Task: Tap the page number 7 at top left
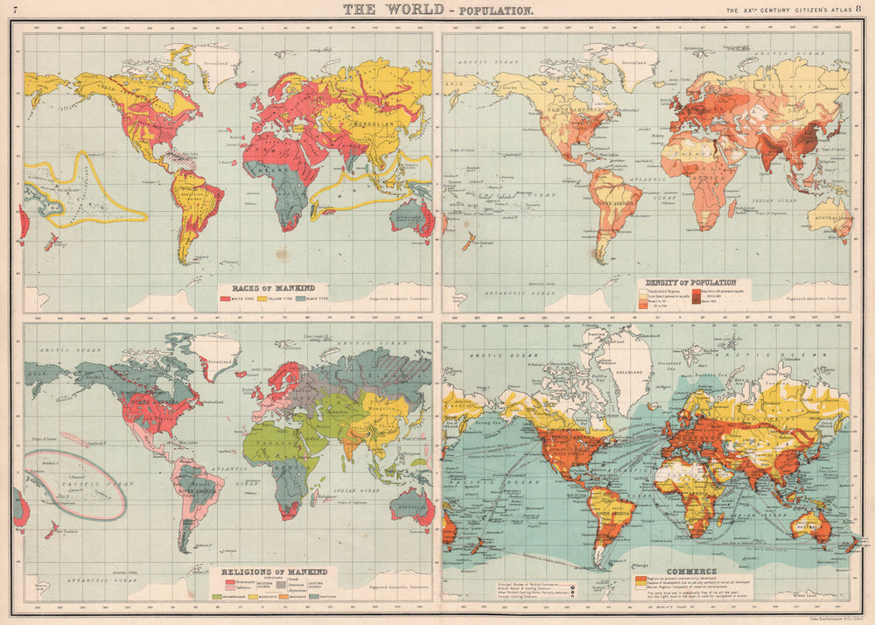pyautogui.click(x=15, y=10)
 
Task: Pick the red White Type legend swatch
pyautogui.click(x=226, y=299)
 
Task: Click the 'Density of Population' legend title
pyautogui.click(x=690, y=283)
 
